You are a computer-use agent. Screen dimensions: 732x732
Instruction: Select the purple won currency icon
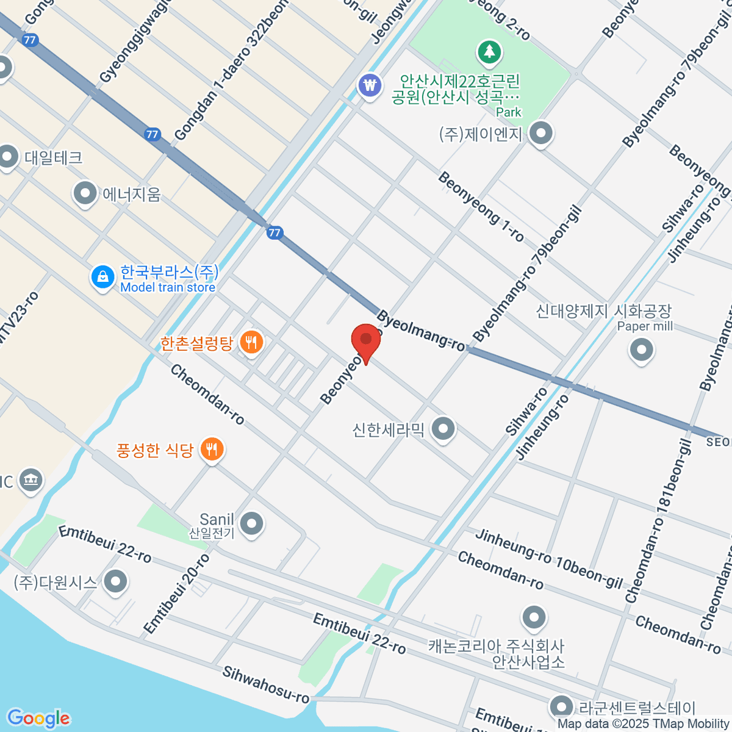[370, 84]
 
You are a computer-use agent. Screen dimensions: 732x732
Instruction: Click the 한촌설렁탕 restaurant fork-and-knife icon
[251, 342]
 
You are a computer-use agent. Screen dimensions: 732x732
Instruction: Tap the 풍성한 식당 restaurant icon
[212, 450]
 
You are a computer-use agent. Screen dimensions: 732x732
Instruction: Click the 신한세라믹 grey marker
[443, 428]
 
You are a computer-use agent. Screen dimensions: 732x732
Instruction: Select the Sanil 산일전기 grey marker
[251, 523]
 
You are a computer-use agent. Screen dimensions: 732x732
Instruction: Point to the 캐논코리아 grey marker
[534, 617]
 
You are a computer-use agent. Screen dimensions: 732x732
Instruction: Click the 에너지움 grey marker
[85, 194]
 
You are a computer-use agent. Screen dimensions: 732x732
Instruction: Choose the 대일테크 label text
[54, 158]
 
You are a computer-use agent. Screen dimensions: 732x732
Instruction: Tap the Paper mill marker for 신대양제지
[641, 350]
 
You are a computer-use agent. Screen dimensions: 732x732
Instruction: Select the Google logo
[38, 719]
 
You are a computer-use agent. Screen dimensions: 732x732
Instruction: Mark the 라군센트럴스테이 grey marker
[560, 706]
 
